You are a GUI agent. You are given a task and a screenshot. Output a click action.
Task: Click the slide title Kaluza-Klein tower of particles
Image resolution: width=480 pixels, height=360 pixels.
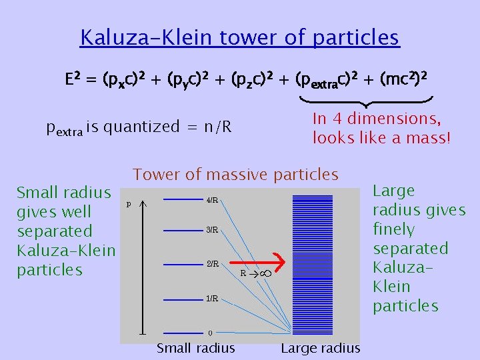[x=239, y=37]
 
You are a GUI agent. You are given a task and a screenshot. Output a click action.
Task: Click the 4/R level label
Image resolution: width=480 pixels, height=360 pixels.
[x=212, y=200]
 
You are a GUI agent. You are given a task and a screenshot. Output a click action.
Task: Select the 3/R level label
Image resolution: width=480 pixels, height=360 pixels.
[x=212, y=231]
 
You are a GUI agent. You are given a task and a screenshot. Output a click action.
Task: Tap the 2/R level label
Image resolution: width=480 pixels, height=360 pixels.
[x=212, y=264]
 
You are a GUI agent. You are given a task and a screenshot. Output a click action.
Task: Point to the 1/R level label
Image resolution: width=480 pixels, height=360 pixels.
[x=212, y=299]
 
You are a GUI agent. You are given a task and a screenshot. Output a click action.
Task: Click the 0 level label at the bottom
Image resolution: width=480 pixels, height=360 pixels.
[x=210, y=333]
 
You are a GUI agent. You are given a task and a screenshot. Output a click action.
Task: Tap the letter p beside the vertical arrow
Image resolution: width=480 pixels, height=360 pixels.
[x=129, y=203]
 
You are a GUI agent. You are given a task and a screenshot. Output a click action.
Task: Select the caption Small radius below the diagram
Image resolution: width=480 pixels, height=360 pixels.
[x=195, y=348]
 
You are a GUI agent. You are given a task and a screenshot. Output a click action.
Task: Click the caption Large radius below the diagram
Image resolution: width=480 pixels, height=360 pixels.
[x=320, y=348]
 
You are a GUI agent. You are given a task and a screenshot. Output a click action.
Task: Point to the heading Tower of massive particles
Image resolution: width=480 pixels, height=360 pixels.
[x=236, y=175]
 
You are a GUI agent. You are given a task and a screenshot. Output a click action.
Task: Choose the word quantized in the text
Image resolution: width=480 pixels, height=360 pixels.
[x=141, y=127]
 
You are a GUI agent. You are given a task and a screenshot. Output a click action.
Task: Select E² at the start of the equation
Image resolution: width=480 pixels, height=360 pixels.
[x=73, y=81]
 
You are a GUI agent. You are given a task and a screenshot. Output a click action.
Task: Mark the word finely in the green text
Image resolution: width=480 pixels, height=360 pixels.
[x=394, y=229]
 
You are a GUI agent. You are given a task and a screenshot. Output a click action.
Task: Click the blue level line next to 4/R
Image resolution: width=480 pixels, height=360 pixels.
[x=183, y=199]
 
